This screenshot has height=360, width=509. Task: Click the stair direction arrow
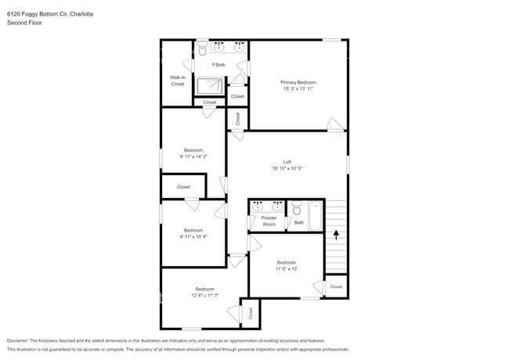click(x=336, y=233)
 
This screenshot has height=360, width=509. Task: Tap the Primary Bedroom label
click(x=298, y=82)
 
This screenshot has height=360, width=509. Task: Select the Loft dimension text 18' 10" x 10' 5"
click(x=287, y=168)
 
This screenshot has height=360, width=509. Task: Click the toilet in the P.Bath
click(x=202, y=49)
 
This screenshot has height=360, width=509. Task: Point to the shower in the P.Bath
click(x=210, y=85)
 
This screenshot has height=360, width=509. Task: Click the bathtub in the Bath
click(x=315, y=215)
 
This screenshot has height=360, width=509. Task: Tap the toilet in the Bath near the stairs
click(x=296, y=208)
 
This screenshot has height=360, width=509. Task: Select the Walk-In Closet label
click(x=178, y=81)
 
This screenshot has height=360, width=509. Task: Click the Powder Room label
click(x=269, y=221)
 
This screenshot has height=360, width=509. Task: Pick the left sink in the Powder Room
click(x=258, y=207)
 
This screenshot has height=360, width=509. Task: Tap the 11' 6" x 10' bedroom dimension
click(x=286, y=268)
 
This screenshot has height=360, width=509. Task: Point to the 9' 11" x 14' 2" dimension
click(x=193, y=157)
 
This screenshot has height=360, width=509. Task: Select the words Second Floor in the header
click(x=24, y=23)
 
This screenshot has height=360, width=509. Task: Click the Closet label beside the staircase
click(x=335, y=286)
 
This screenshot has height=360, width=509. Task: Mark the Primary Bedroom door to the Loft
click(x=335, y=124)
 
